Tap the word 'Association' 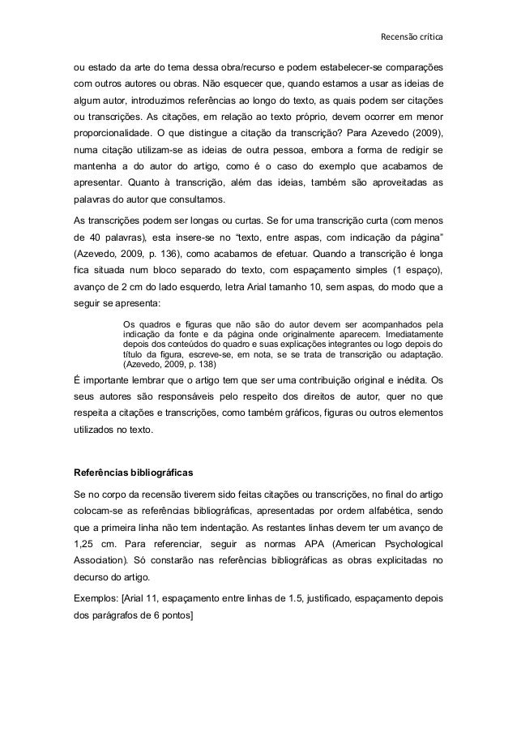pyautogui.click(x=97, y=564)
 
